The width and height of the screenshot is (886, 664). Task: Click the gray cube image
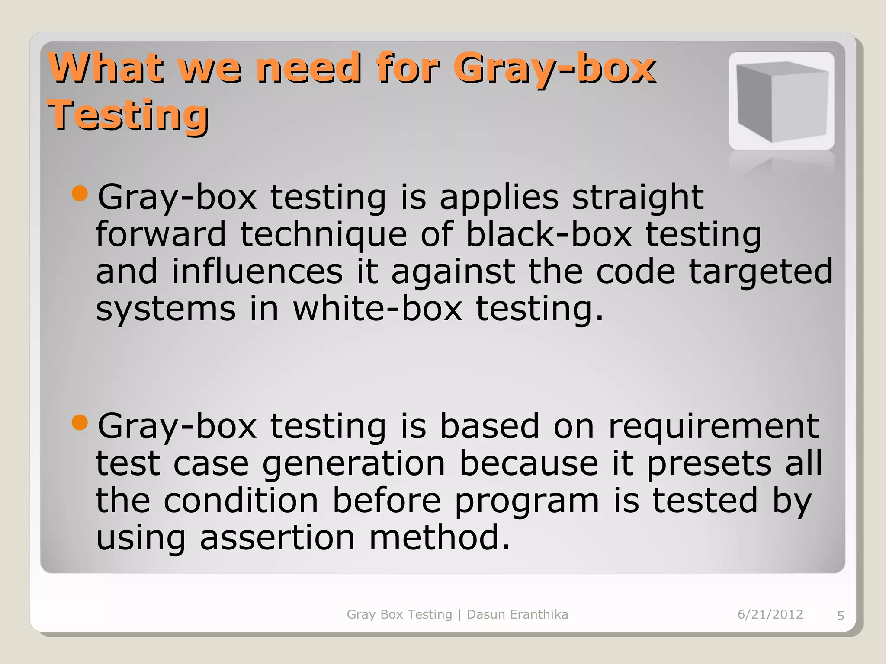click(781, 101)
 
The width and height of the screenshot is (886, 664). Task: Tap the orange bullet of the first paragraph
click(80, 193)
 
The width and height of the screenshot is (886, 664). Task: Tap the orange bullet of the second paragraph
click(80, 422)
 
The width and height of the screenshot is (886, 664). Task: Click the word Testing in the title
click(128, 115)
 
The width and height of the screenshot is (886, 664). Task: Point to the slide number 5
click(840, 616)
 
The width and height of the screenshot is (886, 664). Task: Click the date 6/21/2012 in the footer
click(770, 614)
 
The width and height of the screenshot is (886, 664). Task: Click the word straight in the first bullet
click(638, 197)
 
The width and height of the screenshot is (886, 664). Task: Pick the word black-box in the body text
click(549, 234)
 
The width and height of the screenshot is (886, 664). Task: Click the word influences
click(257, 271)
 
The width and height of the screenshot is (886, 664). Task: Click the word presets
click(709, 463)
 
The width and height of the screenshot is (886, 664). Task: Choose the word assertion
click(277, 537)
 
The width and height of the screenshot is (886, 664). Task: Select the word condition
click(241, 501)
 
